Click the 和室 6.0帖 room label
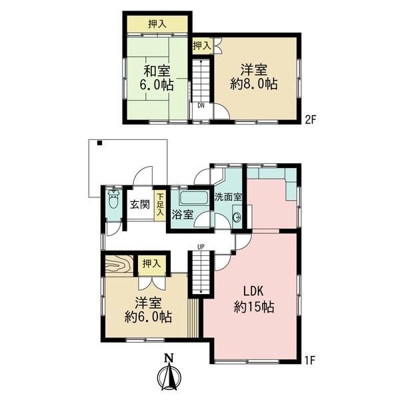point(157,78)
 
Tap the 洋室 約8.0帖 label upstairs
point(253,77)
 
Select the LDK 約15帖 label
point(254,299)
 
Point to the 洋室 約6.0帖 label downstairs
point(148,310)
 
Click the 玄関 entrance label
point(140,205)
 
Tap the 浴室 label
point(182,215)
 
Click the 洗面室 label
point(228,197)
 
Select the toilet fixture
point(113,199)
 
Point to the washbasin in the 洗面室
point(237,217)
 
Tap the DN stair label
point(201,105)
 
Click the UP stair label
point(201,247)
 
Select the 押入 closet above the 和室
point(157,24)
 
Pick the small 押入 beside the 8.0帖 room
point(202,46)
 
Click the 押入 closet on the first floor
point(151,264)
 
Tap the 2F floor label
point(311,120)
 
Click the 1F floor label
point(311,361)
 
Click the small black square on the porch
point(99,143)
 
